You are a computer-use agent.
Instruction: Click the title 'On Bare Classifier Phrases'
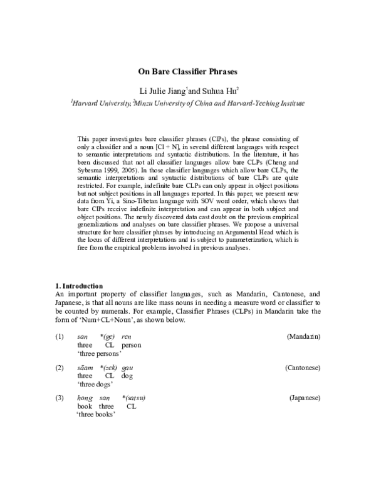click(x=188, y=73)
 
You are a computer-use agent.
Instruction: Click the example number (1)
click(x=60, y=336)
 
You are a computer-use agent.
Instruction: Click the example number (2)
click(x=60, y=367)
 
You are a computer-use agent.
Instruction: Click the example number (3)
click(x=60, y=398)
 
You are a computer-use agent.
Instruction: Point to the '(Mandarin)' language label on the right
click(x=303, y=336)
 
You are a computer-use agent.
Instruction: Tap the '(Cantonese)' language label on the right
click(x=302, y=367)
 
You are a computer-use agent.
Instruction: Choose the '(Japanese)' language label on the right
click(x=305, y=398)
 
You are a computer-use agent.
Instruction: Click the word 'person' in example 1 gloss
click(x=131, y=344)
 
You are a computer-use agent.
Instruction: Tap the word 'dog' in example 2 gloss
click(x=127, y=375)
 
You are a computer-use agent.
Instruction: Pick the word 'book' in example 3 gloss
click(x=84, y=406)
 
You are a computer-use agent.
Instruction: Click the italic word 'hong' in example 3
click(x=85, y=398)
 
